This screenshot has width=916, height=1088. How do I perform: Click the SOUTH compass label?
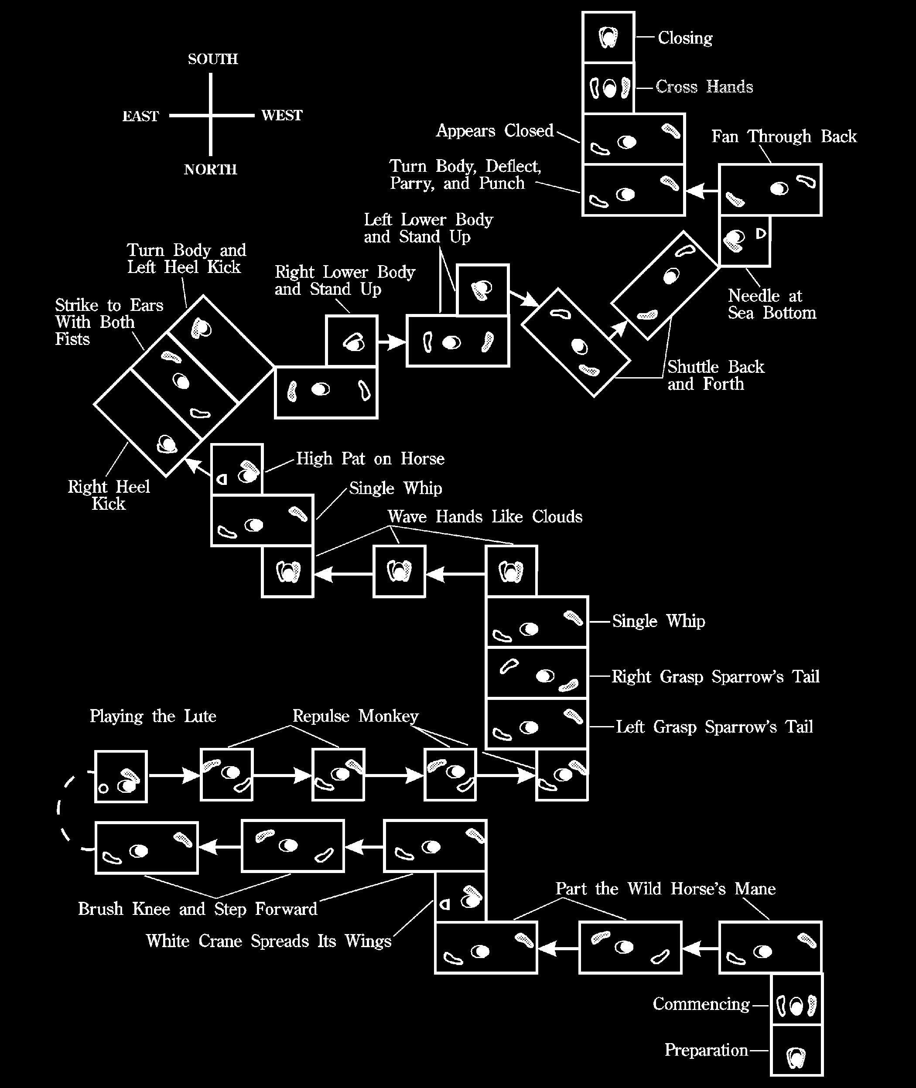pos(213,59)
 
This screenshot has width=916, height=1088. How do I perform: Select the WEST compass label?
pos(281,115)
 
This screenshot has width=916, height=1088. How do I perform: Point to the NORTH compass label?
pos(210,169)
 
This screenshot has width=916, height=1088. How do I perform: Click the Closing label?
pos(685,38)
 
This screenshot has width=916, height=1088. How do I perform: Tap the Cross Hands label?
pos(704,86)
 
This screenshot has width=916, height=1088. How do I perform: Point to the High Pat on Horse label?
pos(370,458)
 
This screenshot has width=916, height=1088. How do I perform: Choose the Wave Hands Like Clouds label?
pos(485,516)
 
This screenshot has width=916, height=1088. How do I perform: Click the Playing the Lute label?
pos(153,716)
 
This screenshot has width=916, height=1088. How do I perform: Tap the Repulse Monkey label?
pos(355,716)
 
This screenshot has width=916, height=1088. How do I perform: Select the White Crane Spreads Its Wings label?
pos(268,941)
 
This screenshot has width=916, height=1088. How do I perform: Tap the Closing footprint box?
pos(608,38)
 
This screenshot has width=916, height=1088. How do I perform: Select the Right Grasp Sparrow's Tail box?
pos(537,673)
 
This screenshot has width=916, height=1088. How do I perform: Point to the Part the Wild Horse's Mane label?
pos(666,889)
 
